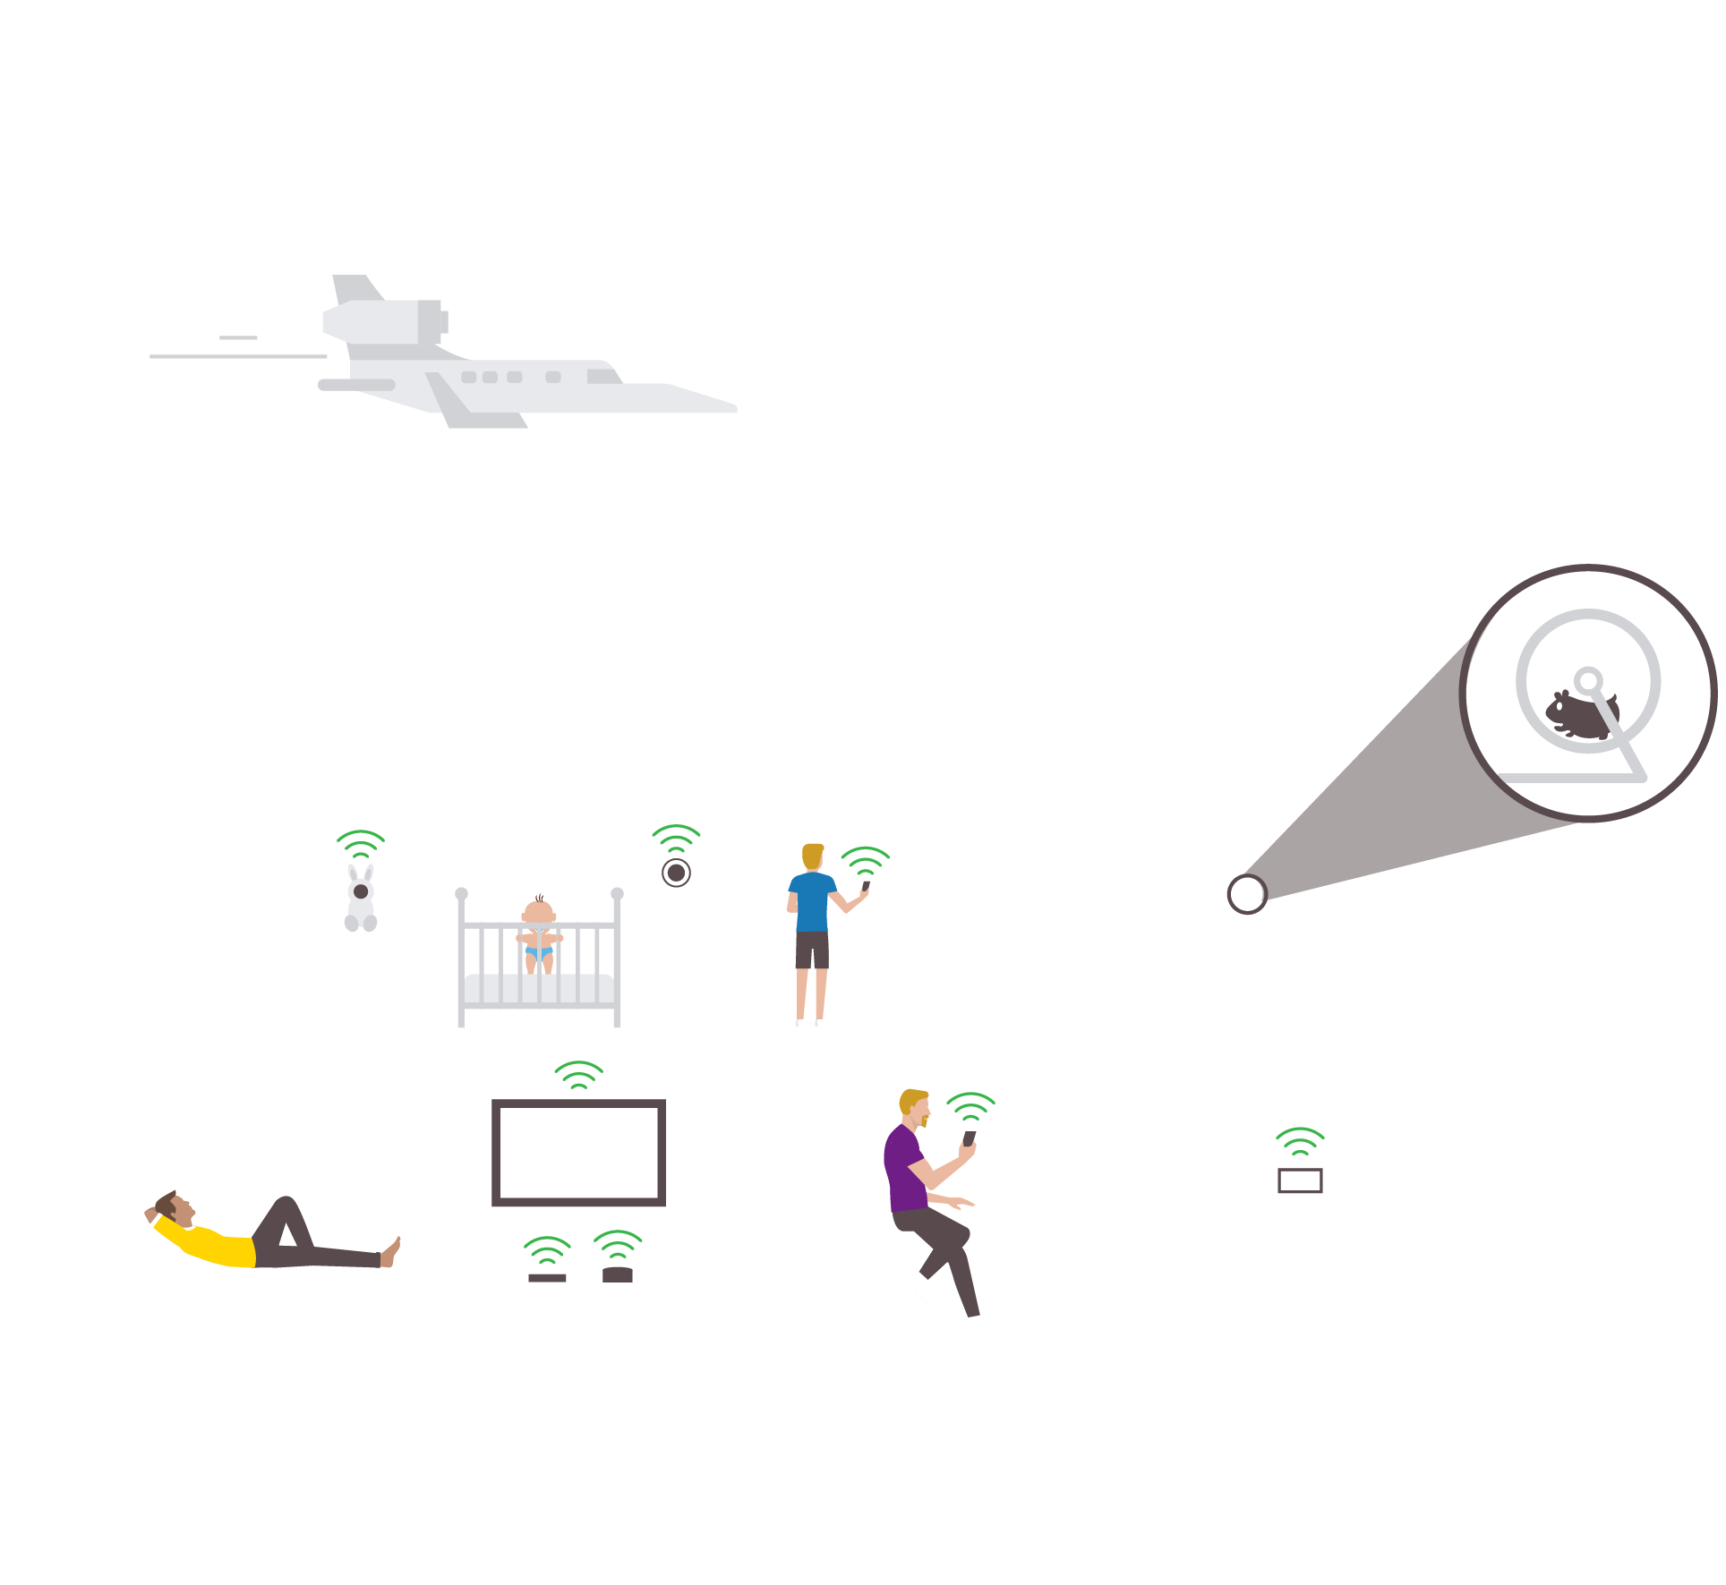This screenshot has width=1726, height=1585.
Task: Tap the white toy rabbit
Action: point(361,900)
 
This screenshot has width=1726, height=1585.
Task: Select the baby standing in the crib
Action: point(539,931)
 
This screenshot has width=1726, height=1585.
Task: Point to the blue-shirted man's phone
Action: point(866,886)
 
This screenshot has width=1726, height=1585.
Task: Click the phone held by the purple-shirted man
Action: point(969,1138)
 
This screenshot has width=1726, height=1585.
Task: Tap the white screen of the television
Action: point(578,1153)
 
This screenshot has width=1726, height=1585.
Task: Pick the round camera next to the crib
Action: point(676,873)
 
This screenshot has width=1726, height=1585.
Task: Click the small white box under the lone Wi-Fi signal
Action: point(1300,1181)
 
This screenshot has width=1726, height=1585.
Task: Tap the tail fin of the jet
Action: point(355,288)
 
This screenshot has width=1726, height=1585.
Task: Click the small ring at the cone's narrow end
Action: point(1245,894)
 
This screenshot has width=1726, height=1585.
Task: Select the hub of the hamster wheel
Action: point(1588,681)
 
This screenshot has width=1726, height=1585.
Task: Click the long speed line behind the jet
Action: point(238,356)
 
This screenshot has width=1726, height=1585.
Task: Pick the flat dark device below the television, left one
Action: point(547,1278)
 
